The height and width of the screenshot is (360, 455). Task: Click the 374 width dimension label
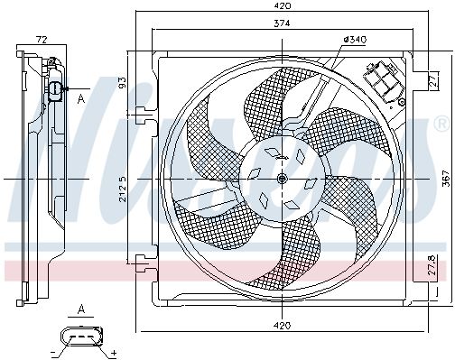(282, 23)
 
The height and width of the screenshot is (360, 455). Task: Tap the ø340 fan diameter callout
(354, 40)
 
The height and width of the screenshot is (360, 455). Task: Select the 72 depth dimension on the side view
(42, 40)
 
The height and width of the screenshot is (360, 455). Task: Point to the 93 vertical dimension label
(123, 82)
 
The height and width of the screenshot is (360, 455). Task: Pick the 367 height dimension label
(448, 179)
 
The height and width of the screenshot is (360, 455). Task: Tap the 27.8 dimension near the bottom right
(432, 265)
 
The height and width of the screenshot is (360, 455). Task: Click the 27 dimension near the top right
(434, 80)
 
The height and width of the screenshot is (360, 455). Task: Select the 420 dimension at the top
(282, 5)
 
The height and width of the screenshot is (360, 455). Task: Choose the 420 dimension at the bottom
(283, 325)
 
